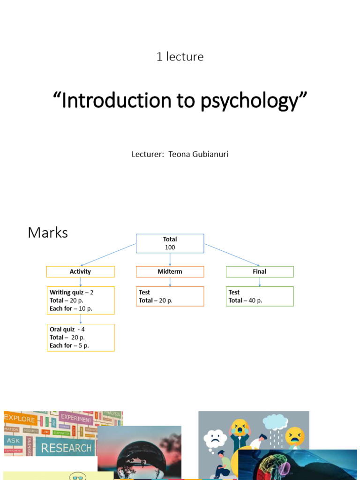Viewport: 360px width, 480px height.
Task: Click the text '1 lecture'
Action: [x=180, y=57]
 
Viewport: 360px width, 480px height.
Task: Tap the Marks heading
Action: [x=48, y=232]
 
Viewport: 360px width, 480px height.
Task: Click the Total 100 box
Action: [x=170, y=243]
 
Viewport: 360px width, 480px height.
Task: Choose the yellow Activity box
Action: [x=80, y=271]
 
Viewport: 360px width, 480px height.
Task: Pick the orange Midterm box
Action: [x=170, y=271]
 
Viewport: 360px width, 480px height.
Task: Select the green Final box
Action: [x=259, y=271]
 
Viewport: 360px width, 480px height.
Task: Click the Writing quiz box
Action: [x=80, y=300]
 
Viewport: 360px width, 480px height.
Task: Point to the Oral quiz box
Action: [x=80, y=337]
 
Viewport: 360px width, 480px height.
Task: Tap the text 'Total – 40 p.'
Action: [x=245, y=300]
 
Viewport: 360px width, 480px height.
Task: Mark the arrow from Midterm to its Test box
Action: [x=170, y=282]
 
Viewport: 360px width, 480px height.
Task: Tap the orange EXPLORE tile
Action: [x=20, y=419]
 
